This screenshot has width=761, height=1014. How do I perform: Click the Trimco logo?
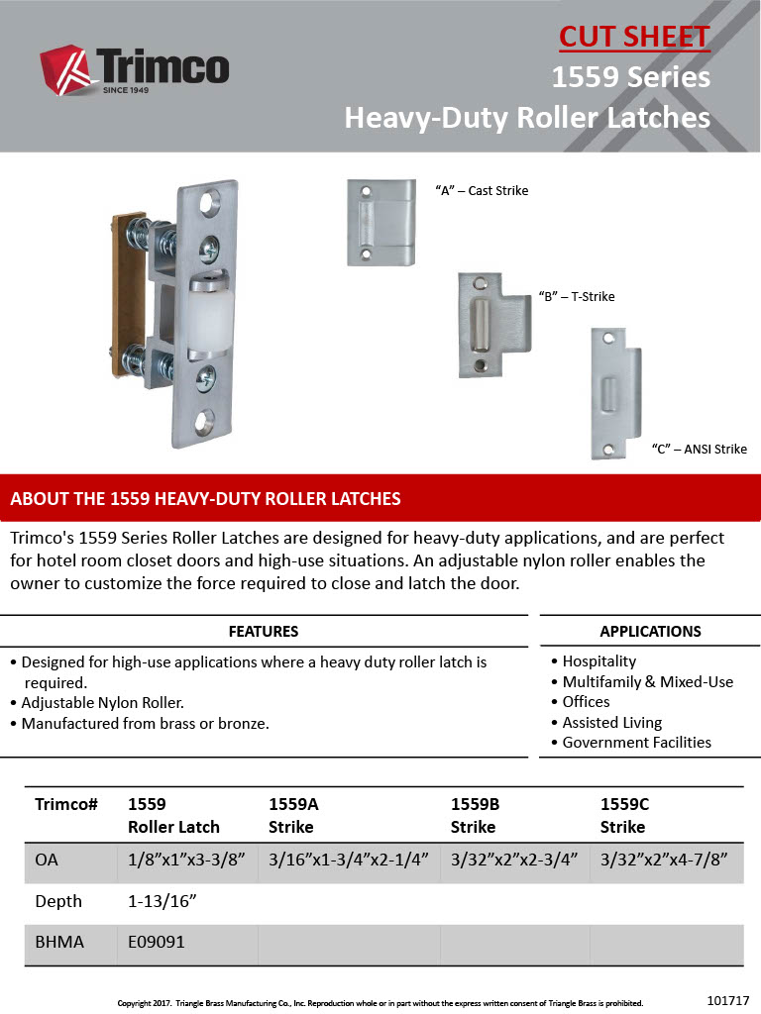tap(135, 68)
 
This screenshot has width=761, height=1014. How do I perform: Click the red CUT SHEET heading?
tap(634, 37)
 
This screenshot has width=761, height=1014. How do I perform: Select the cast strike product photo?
tap(380, 222)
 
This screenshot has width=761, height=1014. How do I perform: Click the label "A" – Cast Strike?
tap(482, 190)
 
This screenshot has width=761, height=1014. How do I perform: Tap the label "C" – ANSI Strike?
tap(699, 449)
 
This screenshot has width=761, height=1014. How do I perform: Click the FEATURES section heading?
tap(264, 631)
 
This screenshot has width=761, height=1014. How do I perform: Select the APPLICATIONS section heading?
tap(650, 631)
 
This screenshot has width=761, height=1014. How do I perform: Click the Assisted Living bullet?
tap(611, 722)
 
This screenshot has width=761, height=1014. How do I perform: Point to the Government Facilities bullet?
tap(636, 742)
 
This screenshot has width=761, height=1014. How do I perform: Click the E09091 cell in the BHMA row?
tap(156, 943)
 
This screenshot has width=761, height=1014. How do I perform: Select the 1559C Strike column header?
tap(624, 815)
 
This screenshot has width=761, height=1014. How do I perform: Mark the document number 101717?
tap(728, 999)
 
